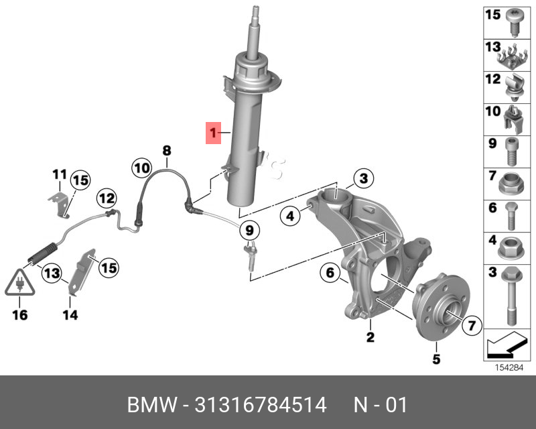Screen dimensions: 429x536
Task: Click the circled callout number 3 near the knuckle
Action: coord(362,178)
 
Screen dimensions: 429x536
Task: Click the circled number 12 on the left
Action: coord(105,198)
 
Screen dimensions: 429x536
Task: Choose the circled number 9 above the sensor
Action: coord(249,231)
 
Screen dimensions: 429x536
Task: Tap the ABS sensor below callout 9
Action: coord(249,259)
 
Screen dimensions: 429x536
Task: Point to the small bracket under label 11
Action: coord(61,204)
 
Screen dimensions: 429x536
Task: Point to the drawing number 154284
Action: coord(509,367)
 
